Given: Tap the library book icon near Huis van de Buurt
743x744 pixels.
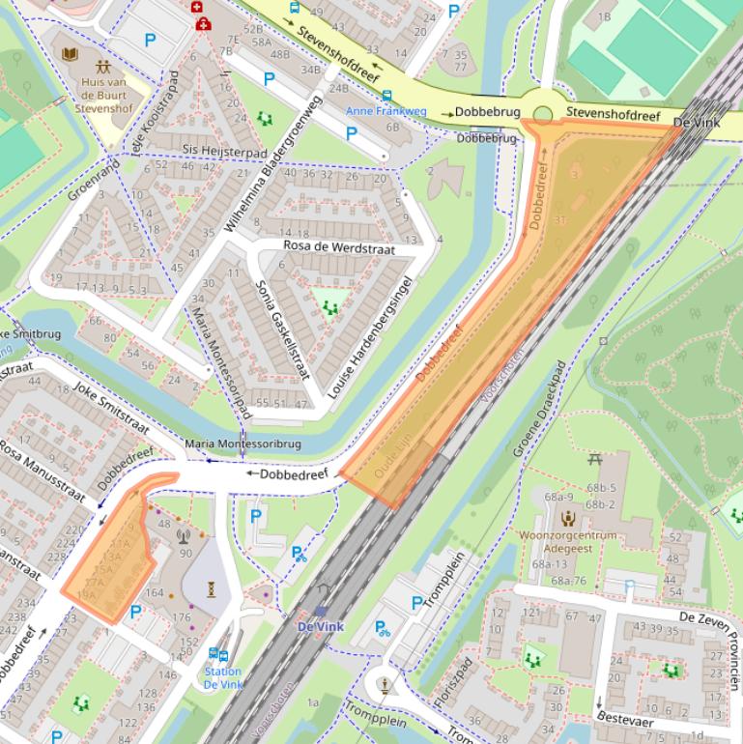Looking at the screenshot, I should pyautogui.click(x=71, y=54).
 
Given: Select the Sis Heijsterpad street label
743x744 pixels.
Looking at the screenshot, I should pyautogui.click(x=224, y=152).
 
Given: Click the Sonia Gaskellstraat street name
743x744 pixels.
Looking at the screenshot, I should pyautogui.click(x=280, y=329).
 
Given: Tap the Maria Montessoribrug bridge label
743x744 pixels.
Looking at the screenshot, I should pyautogui.click(x=243, y=444).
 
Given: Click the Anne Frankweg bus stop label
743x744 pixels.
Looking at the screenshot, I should pyautogui.click(x=386, y=111).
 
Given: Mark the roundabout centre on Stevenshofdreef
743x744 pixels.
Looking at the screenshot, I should pyautogui.click(x=543, y=115).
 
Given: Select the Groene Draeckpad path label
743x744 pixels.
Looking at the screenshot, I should pyautogui.click(x=539, y=409).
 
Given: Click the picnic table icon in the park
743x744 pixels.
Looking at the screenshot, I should pyautogui.click(x=595, y=459).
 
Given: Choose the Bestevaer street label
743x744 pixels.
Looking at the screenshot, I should pyautogui.click(x=624, y=721).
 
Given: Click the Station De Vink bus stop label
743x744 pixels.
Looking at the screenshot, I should pyautogui.click(x=222, y=677).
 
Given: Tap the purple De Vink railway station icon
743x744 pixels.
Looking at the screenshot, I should pyautogui.click(x=320, y=612).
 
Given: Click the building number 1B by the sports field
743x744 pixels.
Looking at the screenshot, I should pyautogui.click(x=605, y=16).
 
